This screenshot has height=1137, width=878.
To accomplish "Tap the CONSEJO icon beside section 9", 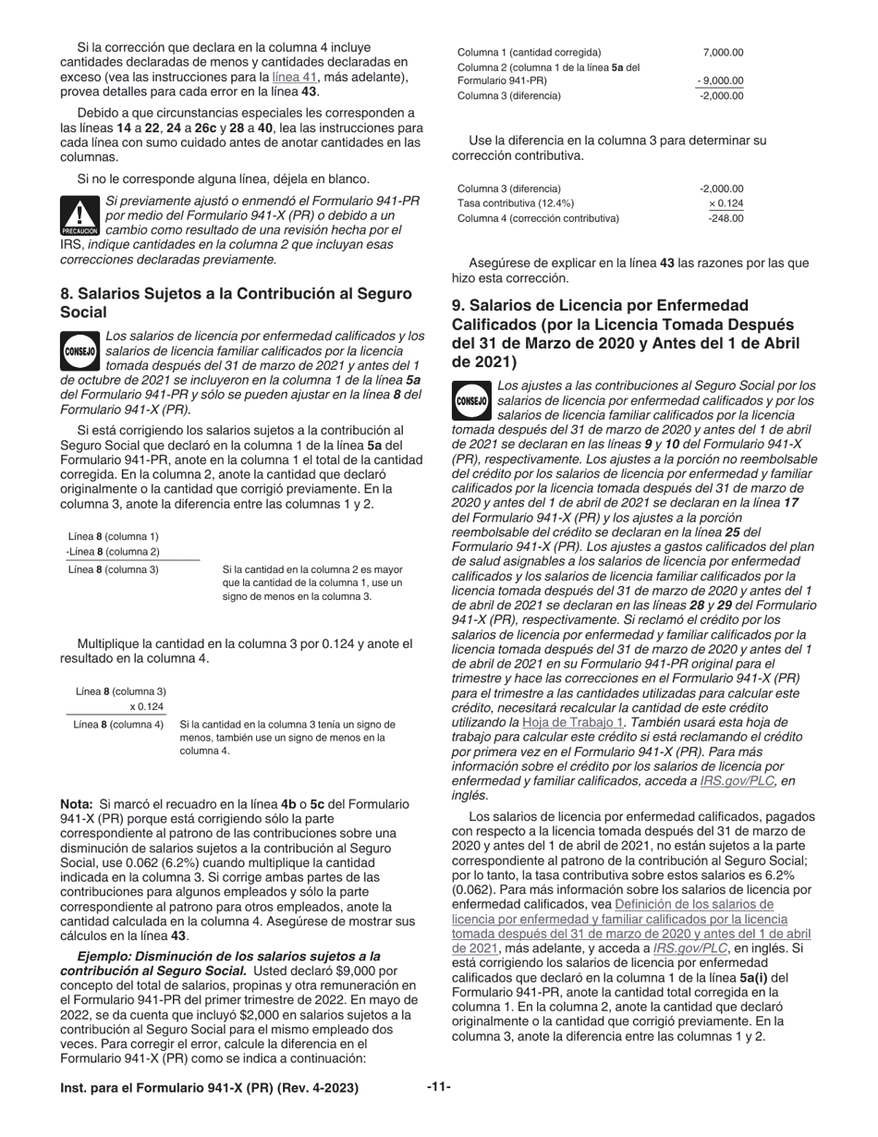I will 471,401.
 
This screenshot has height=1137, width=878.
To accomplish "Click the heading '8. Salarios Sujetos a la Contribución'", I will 236,293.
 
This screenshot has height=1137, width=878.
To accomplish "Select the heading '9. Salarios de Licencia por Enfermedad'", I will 600,305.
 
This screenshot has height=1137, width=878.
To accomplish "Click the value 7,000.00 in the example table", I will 723,53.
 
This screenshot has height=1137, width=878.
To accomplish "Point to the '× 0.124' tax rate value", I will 726,203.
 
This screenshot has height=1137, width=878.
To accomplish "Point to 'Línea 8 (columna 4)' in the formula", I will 118,725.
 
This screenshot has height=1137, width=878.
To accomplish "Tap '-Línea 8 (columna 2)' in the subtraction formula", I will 113,552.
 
